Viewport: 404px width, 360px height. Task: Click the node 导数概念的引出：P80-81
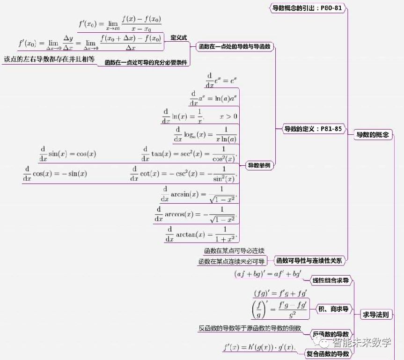coord(307,7)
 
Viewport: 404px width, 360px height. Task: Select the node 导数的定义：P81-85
coord(313,128)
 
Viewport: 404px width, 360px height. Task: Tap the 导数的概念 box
coord(373,135)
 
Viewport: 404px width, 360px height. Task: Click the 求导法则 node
coord(376,315)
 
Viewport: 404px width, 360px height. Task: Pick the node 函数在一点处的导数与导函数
coord(235,47)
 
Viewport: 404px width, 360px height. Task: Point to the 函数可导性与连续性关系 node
coord(309,260)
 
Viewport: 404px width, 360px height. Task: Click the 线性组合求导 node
coord(331,281)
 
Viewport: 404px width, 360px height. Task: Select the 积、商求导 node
coord(333,309)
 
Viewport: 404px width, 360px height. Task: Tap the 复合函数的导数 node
coord(328,353)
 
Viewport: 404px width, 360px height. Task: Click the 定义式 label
coord(178,37)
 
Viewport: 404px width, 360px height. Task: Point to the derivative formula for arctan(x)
coord(202,233)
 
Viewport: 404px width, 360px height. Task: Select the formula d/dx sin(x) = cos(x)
coord(67,154)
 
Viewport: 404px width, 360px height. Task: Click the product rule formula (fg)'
coord(280,294)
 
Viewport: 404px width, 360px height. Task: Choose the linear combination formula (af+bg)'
coord(268,275)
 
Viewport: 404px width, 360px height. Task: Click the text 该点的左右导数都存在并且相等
coord(49,59)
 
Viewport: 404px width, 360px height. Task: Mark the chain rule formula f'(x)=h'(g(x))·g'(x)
coord(258,347)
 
